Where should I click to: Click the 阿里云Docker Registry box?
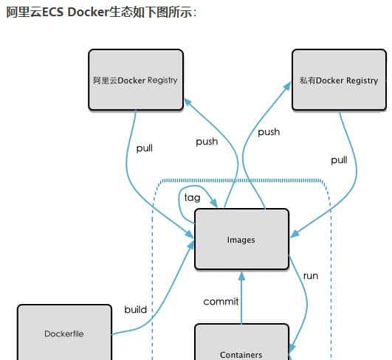[135, 80]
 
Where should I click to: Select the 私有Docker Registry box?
[339, 80]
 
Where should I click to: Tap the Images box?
[241, 239]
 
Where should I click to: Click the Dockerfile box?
[64, 333]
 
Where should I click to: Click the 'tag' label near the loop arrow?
[192, 198]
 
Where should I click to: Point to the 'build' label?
[136, 309]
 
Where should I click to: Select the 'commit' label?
[221, 301]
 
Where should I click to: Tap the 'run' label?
[311, 275]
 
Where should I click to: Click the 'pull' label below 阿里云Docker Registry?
[145, 148]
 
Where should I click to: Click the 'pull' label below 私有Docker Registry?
[339, 159]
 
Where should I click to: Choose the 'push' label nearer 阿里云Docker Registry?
[207, 141]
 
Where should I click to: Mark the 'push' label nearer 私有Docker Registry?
[269, 131]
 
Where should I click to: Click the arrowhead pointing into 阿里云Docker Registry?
[187, 104]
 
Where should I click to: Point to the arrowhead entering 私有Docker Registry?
[287, 87]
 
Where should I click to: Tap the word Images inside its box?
[241, 240]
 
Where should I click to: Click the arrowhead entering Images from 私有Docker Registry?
[294, 234]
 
